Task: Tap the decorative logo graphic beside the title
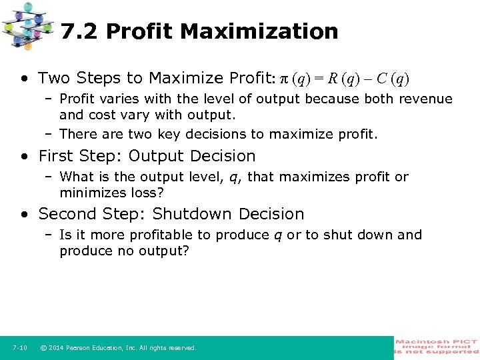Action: click(27, 25)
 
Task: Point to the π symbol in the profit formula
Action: click(283, 79)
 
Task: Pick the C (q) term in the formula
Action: click(389, 79)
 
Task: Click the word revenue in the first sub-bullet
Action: click(425, 99)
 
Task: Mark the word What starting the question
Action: click(76, 177)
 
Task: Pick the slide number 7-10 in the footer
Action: click(19, 348)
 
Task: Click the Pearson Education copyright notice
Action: click(118, 348)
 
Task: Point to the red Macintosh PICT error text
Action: click(437, 347)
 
